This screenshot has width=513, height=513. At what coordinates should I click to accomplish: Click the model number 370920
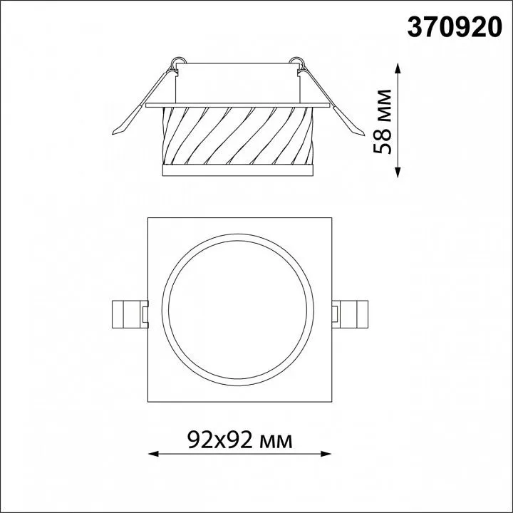tap(454, 28)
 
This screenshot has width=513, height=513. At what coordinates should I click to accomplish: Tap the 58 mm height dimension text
tap(382, 121)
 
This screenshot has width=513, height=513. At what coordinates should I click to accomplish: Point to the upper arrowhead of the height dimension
tap(398, 68)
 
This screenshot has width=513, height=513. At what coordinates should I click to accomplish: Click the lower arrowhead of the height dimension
tap(398, 172)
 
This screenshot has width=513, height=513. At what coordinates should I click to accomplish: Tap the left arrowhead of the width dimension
tap(153, 454)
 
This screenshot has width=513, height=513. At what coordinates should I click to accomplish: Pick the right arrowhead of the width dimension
tap(326, 454)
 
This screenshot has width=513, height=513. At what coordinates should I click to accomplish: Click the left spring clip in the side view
tap(142, 101)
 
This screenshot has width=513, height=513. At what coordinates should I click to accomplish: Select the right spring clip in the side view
tap(332, 101)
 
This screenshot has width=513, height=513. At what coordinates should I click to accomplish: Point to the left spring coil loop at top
tap(179, 61)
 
